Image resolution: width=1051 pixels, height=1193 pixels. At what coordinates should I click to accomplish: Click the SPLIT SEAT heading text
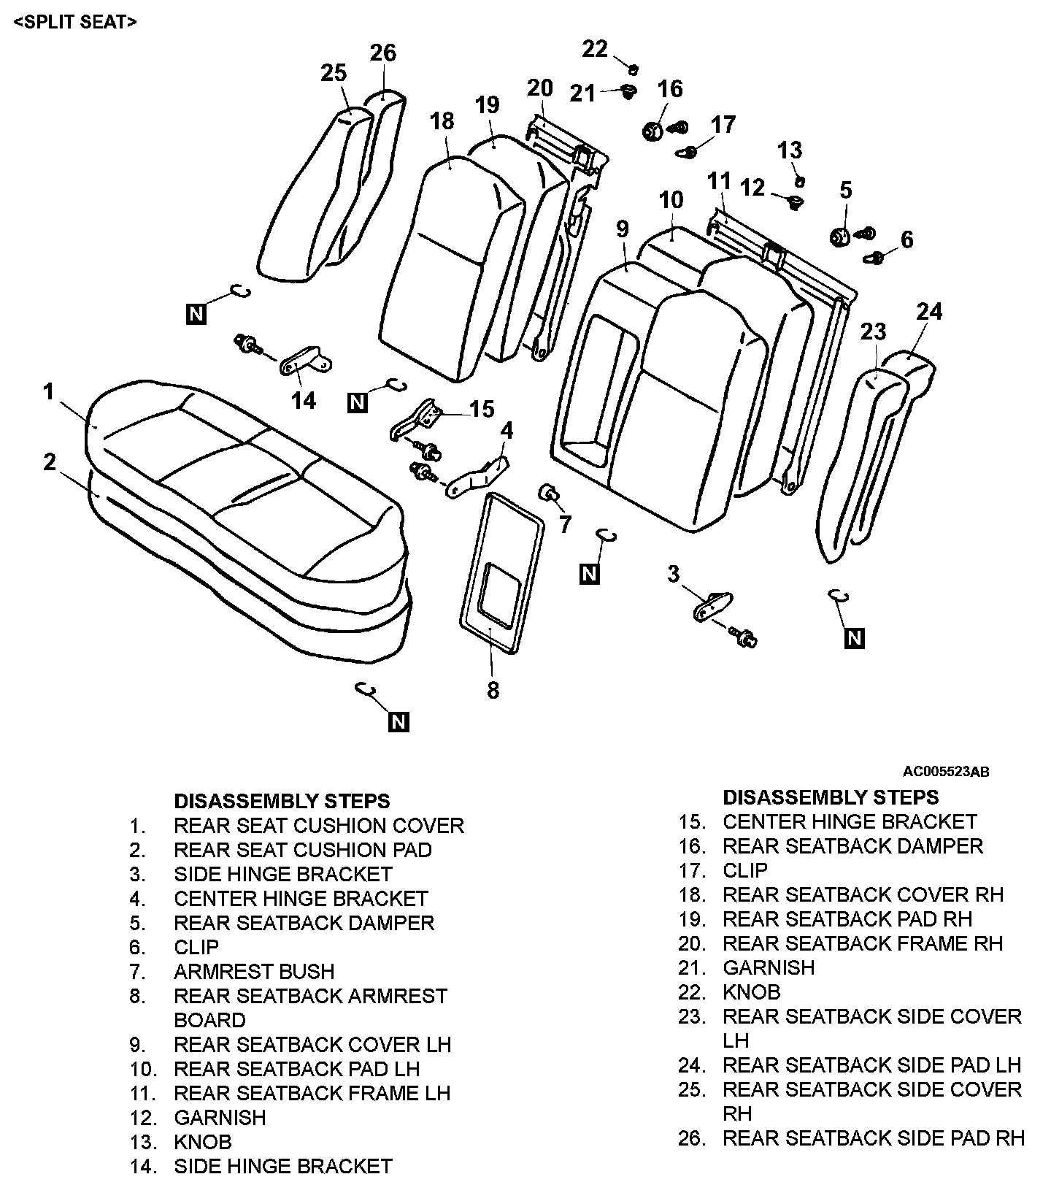click(74, 22)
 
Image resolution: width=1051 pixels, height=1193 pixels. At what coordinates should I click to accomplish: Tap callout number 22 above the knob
click(595, 49)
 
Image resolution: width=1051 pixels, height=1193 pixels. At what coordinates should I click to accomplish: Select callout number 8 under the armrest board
click(493, 690)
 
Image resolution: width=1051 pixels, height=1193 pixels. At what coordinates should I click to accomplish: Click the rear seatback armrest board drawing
click(501, 569)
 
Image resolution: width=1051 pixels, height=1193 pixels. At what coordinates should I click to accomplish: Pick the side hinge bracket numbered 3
click(710, 605)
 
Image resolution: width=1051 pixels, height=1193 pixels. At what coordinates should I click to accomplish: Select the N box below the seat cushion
click(399, 721)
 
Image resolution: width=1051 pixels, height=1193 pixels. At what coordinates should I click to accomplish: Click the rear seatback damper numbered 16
click(651, 132)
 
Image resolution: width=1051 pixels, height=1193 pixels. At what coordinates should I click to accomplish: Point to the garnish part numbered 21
click(628, 92)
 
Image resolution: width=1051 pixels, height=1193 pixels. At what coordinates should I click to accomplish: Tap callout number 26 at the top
click(382, 53)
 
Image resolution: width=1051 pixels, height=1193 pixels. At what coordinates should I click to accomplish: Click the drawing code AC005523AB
click(946, 772)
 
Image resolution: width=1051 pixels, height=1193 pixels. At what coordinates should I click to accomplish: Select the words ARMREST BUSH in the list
click(254, 972)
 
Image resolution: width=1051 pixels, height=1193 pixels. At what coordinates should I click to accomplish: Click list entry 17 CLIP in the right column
click(745, 870)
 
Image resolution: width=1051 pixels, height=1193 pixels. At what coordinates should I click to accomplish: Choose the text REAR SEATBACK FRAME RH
click(863, 943)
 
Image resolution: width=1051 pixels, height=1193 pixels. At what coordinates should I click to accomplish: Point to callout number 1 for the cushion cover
click(48, 392)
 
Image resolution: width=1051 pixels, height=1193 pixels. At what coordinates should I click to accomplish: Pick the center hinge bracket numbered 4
click(478, 478)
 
